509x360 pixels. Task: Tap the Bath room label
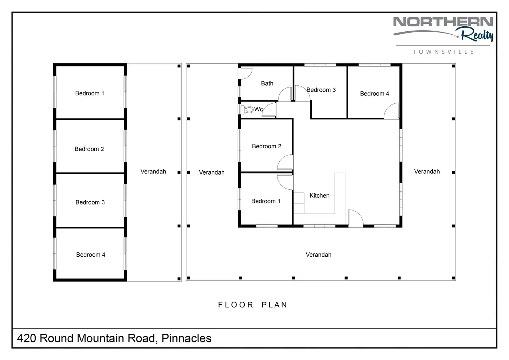click(267, 84)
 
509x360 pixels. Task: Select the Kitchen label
click(319, 195)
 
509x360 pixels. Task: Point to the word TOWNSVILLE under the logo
click(443, 52)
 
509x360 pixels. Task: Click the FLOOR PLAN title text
click(253, 305)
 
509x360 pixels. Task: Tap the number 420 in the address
click(26, 338)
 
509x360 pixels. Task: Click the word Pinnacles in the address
click(186, 338)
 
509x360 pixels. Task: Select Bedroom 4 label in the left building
click(91, 255)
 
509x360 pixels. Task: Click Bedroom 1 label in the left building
click(90, 93)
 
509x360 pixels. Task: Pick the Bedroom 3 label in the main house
click(321, 90)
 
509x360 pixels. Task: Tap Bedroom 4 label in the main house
click(374, 93)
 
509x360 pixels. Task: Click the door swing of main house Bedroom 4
click(392, 111)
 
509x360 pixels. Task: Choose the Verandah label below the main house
click(318, 255)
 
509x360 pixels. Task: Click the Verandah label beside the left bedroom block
click(153, 171)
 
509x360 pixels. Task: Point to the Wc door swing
click(269, 110)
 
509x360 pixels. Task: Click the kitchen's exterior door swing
click(356, 219)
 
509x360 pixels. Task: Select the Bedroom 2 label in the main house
click(266, 146)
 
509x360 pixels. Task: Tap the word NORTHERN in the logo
click(443, 22)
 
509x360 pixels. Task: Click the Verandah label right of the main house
click(427, 171)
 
